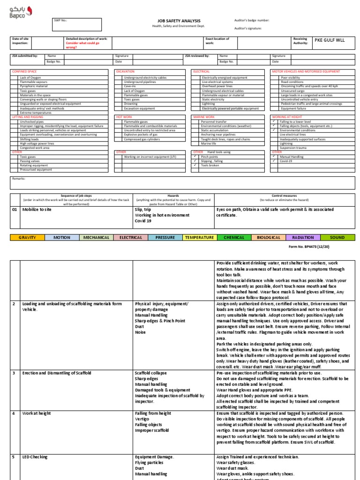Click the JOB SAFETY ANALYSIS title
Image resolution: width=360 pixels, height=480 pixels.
pos(180,21)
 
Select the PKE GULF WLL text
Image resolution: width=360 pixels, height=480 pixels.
pos(330,40)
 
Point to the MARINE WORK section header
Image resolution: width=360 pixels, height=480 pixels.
pos(204,116)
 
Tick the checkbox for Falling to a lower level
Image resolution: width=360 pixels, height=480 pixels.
pos(275,121)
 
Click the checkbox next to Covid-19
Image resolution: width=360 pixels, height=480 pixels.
pos(275,161)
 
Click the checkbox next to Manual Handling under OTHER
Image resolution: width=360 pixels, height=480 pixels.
pos(275,157)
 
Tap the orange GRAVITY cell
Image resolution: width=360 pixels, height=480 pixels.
pos(28,238)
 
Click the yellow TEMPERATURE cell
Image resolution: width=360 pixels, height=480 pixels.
pos(199,238)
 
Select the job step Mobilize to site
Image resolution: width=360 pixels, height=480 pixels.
pos(37,210)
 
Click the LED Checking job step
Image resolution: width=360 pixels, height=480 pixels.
pos(35,457)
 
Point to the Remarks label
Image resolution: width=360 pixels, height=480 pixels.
pos(19,179)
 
